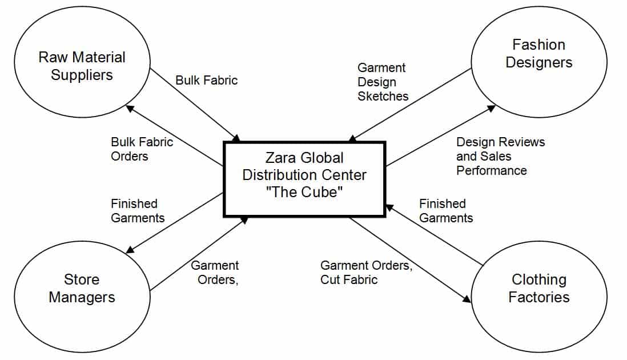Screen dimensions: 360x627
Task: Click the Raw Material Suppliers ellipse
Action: pyautogui.click(x=82, y=66)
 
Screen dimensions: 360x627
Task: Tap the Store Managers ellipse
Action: pyautogui.click(x=82, y=288)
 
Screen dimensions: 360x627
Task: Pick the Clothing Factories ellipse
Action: pyautogui.click(x=538, y=288)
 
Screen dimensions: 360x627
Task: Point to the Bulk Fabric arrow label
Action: pyautogui.click(x=206, y=80)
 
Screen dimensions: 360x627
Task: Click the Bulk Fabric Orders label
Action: pyautogui.click(x=142, y=149)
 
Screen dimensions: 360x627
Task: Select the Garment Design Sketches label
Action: pyautogui.click(x=383, y=82)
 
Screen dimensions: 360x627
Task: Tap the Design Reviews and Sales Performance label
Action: pyautogui.click(x=500, y=155)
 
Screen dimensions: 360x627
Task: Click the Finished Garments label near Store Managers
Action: pyautogui.click(x=138, y=210)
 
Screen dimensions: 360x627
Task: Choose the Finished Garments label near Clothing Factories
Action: pyautogui.click(x=446, y=210)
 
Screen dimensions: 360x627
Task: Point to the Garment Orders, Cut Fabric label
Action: pyautogui.click(x=366, y=272)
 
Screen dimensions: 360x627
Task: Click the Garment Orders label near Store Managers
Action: pyautogui.click(x=215, y=272)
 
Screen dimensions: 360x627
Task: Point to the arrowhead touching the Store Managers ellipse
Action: pyautogui.click(x=130, y=249)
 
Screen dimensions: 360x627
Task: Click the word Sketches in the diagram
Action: pyautogui.click(x=383, y=96)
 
